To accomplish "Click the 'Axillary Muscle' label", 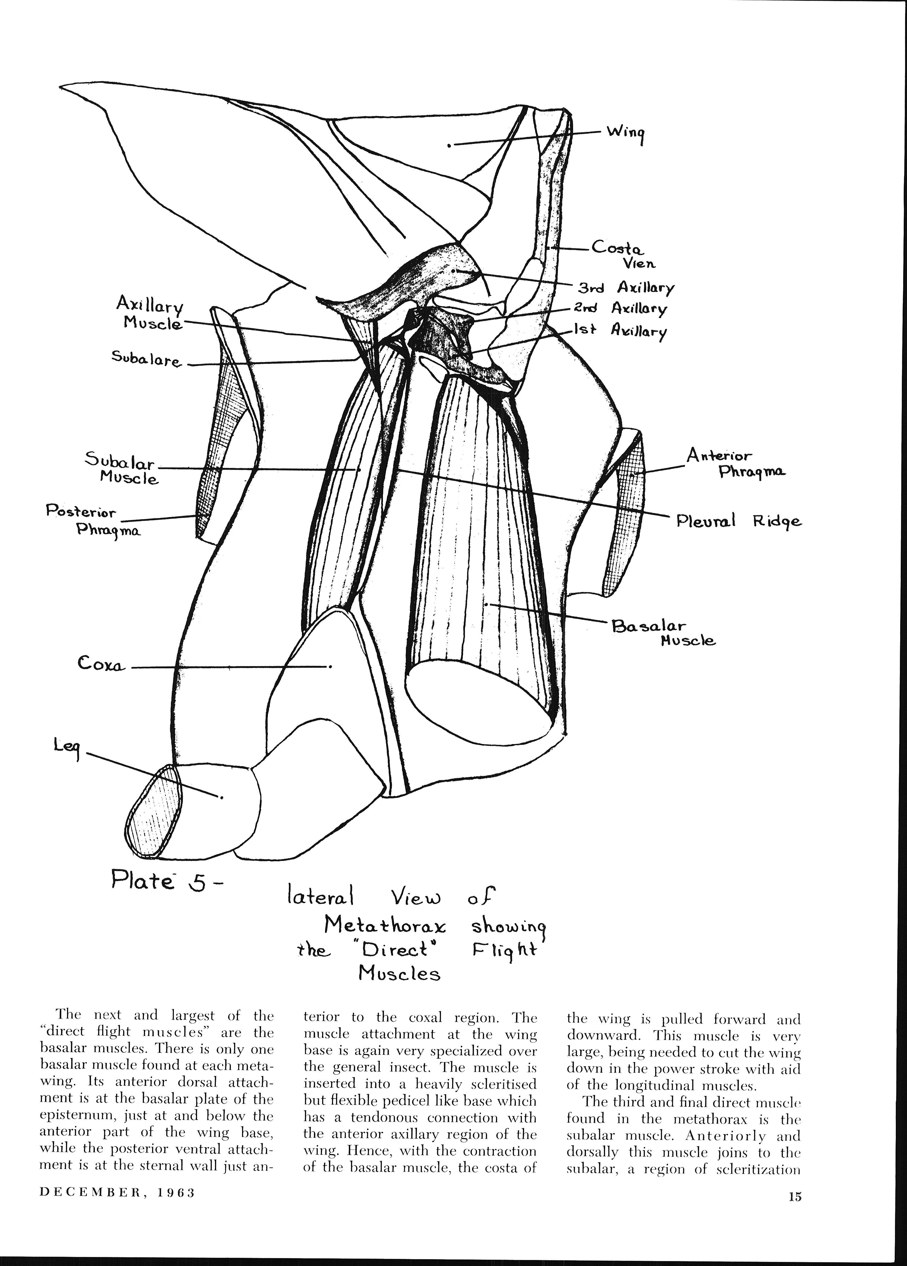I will pyautogui.click(x=150, y=313).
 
